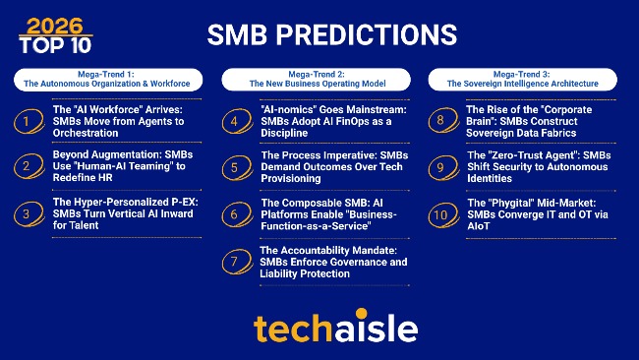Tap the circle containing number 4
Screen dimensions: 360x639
[236, 122]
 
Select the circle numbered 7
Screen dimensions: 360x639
[236, 262]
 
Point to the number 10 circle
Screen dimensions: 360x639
[443, 213]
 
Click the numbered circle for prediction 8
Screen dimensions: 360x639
[443, 122]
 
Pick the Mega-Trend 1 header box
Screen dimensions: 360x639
[107, 79]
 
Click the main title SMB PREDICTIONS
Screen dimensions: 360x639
[332, 34]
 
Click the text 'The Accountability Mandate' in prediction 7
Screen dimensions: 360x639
[314, 250]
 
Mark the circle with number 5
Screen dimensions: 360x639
[236, 167]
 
